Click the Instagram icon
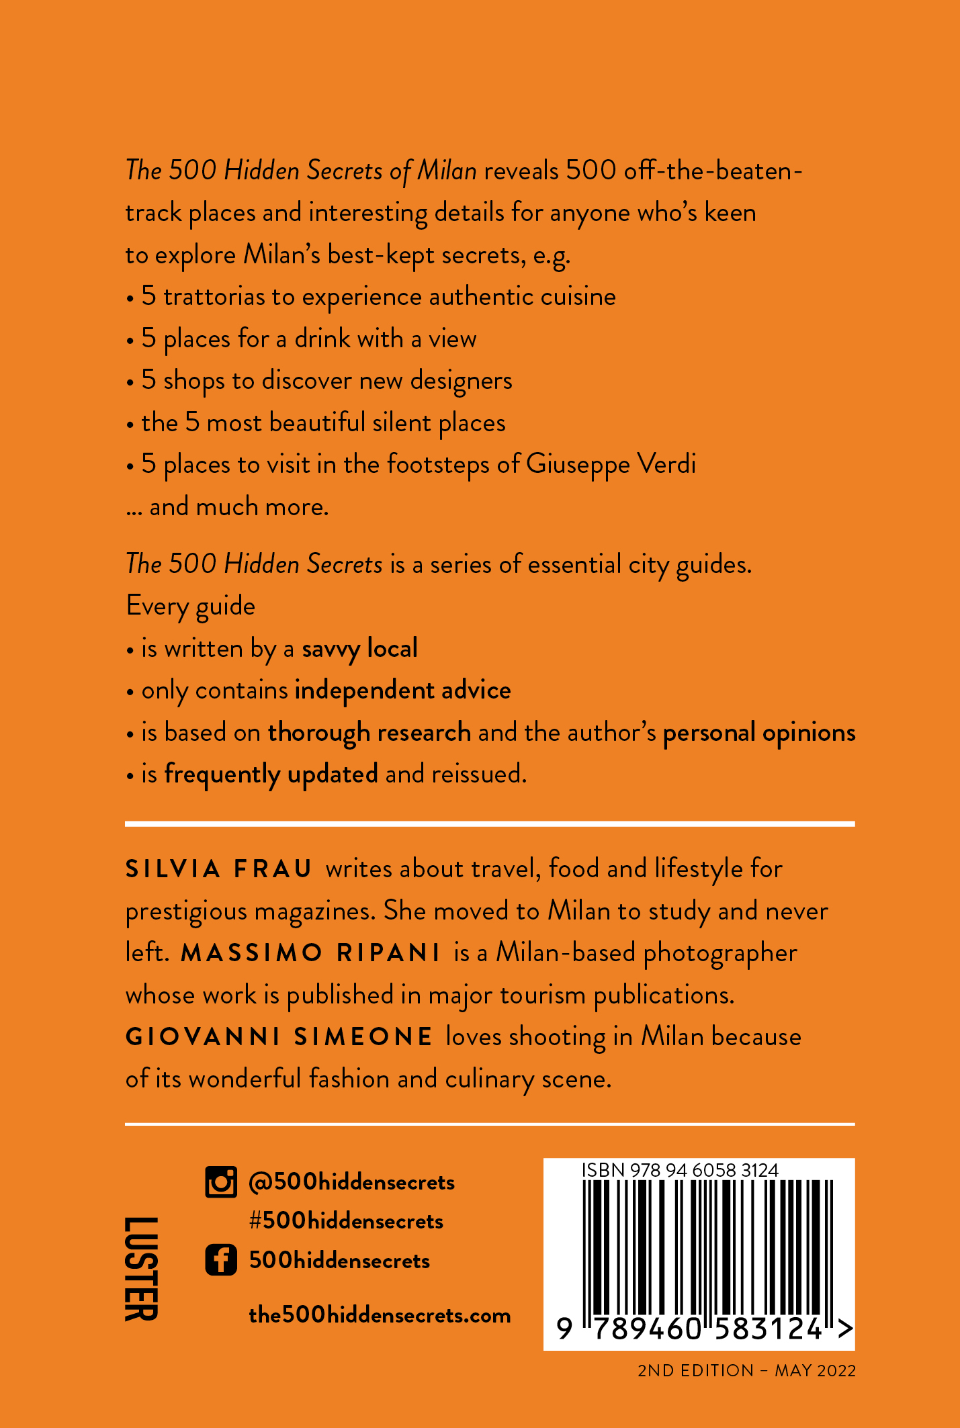coord(221,1182)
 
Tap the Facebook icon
coord(221,1259)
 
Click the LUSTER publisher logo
coord(142,1268)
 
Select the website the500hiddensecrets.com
coord(380,1314)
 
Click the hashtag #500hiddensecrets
coord(346,1220)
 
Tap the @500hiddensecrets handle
coord(351,1182)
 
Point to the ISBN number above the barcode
coord(680,1170)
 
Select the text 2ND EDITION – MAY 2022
coord(746,1370)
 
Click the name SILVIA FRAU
coord(219,868)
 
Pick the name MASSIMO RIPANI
coord(310,952)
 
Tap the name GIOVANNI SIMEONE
coord(279,1036)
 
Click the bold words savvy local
coord(359,649)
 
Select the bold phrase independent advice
coord(402,690)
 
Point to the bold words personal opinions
coord(759,733)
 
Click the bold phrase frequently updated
coord(271,774)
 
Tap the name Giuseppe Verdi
coord(611,464)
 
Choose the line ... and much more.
coord(228,506)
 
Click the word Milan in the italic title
coord(447,171)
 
